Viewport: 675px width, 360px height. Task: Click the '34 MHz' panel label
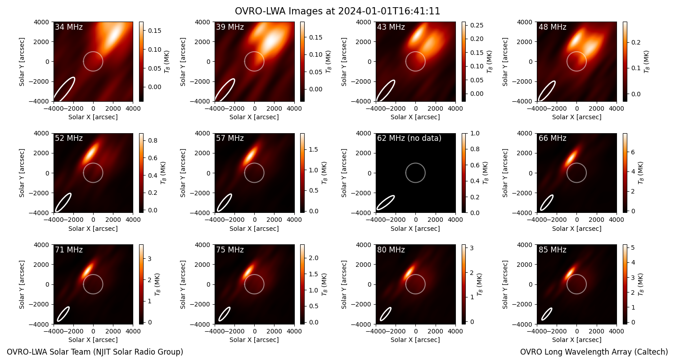69,27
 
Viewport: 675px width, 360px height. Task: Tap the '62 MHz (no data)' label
409,138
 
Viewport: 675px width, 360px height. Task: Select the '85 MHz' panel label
552,250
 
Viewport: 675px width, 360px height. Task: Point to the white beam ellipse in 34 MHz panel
64,89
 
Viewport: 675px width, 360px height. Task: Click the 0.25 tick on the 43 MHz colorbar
477,25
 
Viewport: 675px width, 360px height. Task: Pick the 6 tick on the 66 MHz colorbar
633,153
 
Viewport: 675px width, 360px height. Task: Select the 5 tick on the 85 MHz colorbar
633,247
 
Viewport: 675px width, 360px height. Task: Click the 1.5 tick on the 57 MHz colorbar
314,149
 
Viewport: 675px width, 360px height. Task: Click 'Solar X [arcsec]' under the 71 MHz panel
93,340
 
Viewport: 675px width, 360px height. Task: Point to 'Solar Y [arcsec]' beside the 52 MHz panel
22,173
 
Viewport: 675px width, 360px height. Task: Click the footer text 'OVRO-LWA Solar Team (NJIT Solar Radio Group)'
95,352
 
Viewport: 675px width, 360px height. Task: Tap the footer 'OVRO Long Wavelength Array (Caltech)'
594,352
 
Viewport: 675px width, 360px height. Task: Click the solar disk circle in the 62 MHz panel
415,163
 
